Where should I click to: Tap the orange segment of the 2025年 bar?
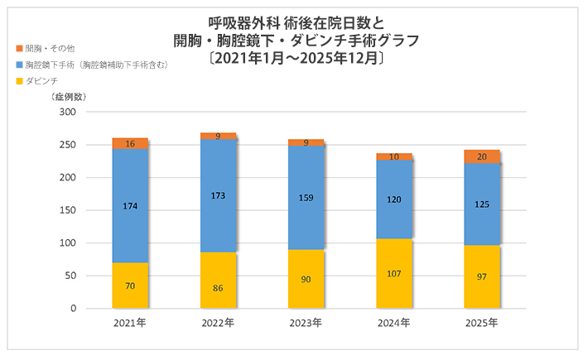pos(482,156)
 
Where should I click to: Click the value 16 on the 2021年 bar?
pos(130,144)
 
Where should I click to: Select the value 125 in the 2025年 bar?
pos(482,204)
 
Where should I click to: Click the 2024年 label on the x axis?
pos(394,323)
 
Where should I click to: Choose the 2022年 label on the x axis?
pos(218,323)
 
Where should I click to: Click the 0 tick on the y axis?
pos(73,309)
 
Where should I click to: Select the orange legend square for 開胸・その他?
pos(19,49)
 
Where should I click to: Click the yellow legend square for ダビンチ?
pos(19,80)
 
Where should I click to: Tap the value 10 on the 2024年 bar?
pos(394,156)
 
